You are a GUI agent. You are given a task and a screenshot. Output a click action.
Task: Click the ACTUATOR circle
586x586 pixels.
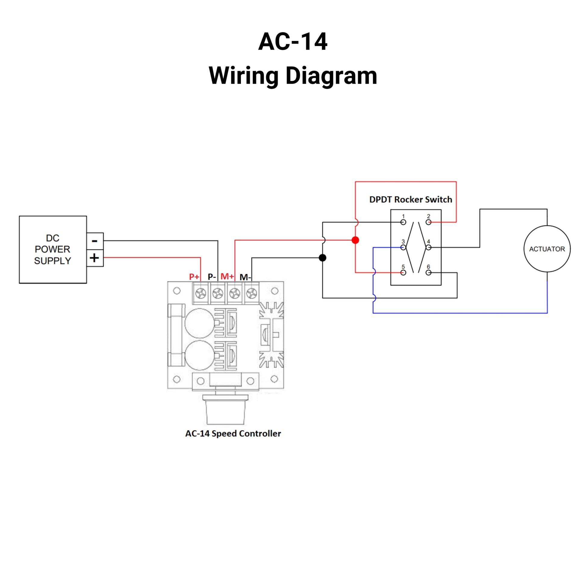[x=547, y=249]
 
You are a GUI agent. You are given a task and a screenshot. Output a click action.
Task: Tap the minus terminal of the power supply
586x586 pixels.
[x=95, y=241]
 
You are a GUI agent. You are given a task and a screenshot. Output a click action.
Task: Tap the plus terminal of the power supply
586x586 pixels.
[x=95, y=258]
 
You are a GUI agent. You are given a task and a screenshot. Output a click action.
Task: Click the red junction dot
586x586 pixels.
[x=355, y=240]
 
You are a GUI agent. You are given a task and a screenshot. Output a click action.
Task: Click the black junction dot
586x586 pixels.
[x=323, y=258]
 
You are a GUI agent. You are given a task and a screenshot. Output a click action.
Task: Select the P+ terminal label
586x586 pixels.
[x=194, y=277]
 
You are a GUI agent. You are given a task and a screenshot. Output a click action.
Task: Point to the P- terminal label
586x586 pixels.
[x=212, y=277]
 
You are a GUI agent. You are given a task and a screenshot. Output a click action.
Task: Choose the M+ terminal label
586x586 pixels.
[x=227, y=276]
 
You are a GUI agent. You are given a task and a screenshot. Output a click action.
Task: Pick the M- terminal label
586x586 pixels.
[x=245, y=277]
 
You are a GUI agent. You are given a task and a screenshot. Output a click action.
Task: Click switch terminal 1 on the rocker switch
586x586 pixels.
[x=403, y=222]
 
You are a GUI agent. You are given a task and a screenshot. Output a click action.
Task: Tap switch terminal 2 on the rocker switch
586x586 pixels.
[x=428, y=222]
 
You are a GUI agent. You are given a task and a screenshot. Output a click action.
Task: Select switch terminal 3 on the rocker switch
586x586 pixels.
[x=403, y=248]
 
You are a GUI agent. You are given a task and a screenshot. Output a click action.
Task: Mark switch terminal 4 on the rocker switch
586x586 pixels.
[x=428, y=248]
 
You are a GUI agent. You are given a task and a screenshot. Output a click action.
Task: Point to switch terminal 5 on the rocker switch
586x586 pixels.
[x=403, y=273]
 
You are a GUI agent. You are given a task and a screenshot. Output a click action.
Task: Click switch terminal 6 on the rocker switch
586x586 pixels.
[x=428, y=273]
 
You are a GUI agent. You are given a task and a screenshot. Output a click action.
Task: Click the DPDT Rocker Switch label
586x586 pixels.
[x=411, y=200]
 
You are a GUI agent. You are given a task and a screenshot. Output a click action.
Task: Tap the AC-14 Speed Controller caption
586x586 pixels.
[x=233, y=433]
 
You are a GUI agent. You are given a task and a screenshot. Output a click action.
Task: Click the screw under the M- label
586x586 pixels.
[x=252, y=293]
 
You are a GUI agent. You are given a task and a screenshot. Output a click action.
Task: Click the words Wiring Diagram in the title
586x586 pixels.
[x=293, y=76]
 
